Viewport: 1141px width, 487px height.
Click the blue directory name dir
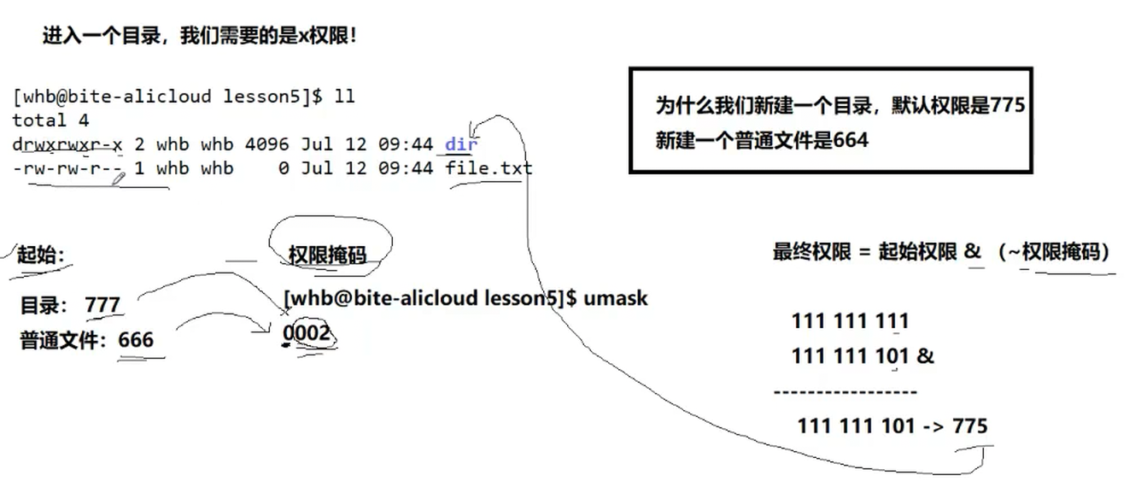click(x=461, y=144)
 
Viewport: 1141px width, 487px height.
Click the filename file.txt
click(x=489, y=167)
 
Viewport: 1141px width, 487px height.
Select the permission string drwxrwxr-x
click(x=67, y=144)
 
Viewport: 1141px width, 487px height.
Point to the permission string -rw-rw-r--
click(x=67, y=167)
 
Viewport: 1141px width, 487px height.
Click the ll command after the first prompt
click(x=344, y=97)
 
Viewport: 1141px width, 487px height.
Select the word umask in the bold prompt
click(x=616, y=298)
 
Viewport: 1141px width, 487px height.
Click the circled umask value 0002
click(x=307, y=332)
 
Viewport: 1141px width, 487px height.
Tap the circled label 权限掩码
click(x=327, y=254)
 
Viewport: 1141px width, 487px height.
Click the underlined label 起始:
click(x=41, y=254)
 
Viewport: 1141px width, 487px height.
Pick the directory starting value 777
click(x=102, y=305)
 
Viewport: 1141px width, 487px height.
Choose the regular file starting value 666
click(x=136, y=339)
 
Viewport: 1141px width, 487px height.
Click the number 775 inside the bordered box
click(x=1007, y=106)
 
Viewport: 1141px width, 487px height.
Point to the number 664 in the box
click(x=851, y=140)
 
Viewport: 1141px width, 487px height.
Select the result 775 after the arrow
click(x=969, y=425)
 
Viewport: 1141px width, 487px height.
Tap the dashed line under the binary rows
click(x=846, y=392)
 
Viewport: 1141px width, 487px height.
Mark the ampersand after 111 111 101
click(x=925, y=355)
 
